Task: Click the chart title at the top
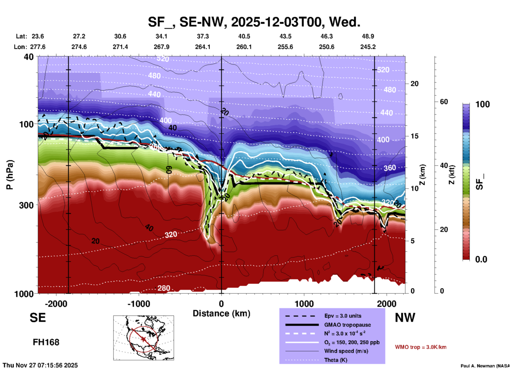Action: coord(254,22)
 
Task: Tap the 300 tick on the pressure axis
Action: coord(26,205)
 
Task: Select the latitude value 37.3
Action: coord(203,36)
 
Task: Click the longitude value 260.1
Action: coord(244,47)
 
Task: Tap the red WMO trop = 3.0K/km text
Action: coord(420,347)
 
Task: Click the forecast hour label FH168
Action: coord(46,342)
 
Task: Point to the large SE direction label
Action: coord(38,318)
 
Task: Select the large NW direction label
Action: coord(405,318)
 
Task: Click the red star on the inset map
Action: coord(144,339)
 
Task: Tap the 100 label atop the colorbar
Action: coord(482,104)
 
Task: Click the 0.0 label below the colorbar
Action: coord(481,259)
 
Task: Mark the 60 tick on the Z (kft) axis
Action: coord(444,102)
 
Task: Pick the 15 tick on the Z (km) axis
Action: coord(414,136)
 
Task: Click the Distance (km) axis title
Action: coord(221,313)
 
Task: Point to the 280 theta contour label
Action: coord(164,288)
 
